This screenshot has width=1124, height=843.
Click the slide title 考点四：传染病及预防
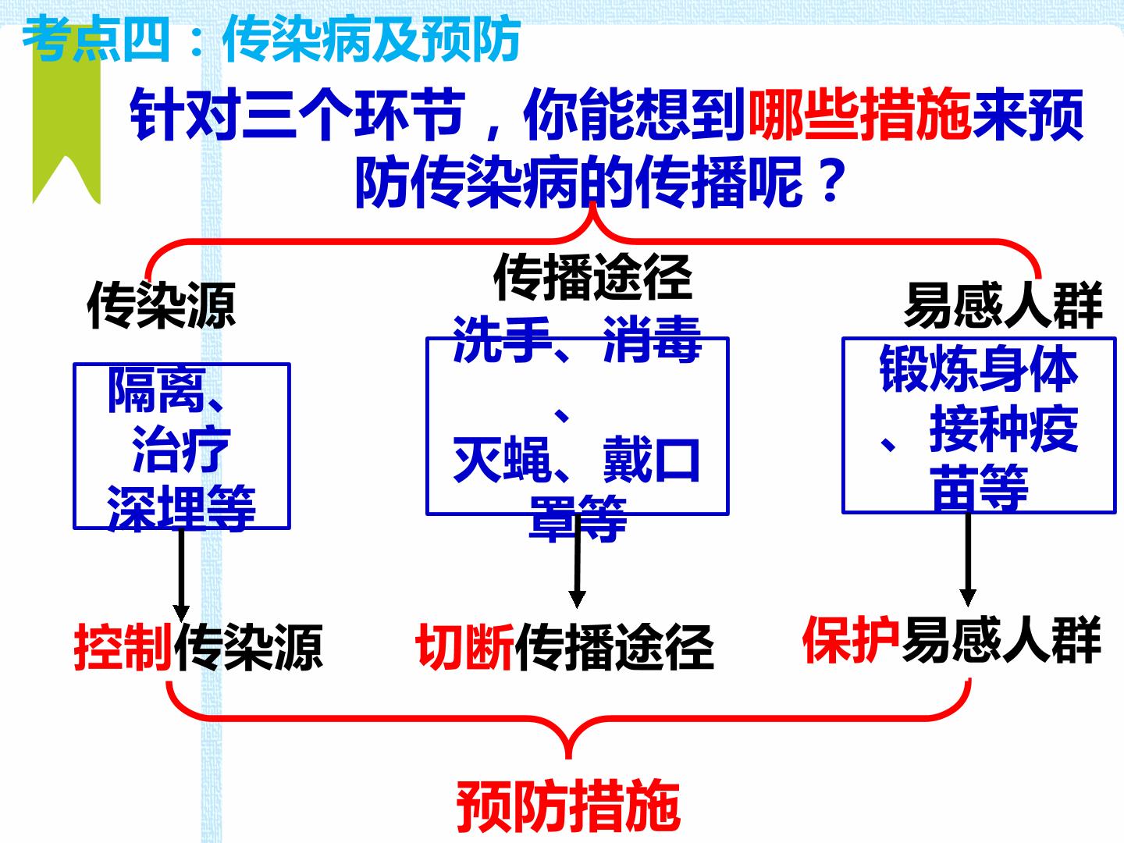coord(272,39)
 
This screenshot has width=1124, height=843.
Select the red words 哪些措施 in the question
coord(859,115)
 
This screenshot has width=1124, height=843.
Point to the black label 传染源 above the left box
coord(162,306)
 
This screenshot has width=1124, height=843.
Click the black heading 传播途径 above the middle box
coord(592,277)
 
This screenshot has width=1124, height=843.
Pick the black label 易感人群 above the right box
coord(1003,305)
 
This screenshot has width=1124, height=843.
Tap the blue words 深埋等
coord(181,507)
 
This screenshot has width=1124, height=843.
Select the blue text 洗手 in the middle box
coord(502,340)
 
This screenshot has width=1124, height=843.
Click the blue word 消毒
coord(652,340)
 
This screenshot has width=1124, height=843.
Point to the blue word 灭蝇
coord(502,459)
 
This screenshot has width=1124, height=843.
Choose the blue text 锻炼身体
coord(979,368)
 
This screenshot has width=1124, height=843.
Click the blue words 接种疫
coord(1004,429)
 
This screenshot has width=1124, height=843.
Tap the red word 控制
coord(123,647)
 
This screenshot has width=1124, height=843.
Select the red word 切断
coord(464,647)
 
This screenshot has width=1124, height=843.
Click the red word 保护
coord(851,640)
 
